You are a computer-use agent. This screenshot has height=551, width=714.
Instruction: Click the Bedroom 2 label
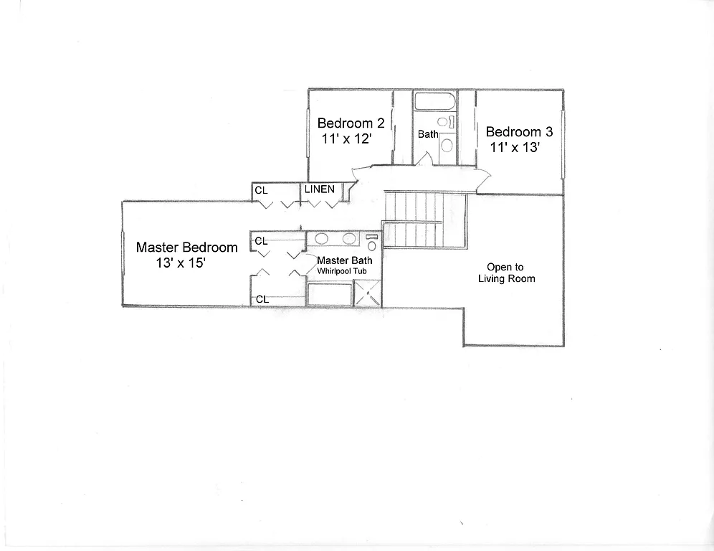[351, 123]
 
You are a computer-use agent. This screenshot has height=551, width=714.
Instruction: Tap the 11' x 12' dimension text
[346, 138]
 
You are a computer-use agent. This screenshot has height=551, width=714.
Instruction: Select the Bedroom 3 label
[519, 132]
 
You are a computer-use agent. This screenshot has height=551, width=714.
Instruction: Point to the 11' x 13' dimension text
[515, 148]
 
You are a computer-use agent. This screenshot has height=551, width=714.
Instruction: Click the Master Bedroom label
[186, 248]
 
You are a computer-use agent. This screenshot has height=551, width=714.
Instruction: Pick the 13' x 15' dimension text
[181, 263]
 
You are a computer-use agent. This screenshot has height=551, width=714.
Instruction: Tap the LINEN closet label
[319, 189]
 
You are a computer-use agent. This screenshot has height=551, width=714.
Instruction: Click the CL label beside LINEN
[261, 191]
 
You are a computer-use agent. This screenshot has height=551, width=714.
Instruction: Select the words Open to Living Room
[506, 273]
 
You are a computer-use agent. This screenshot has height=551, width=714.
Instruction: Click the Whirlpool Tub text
[343, 271]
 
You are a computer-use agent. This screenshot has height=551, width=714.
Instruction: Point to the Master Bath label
[344, 260]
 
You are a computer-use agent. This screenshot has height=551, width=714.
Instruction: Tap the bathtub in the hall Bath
[434, 101]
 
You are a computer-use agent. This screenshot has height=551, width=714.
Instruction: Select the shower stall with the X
[368, 294]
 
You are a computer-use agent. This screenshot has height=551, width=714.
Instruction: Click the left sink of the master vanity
[322, 239]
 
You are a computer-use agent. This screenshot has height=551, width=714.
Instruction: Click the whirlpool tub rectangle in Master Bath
[330, 294]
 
